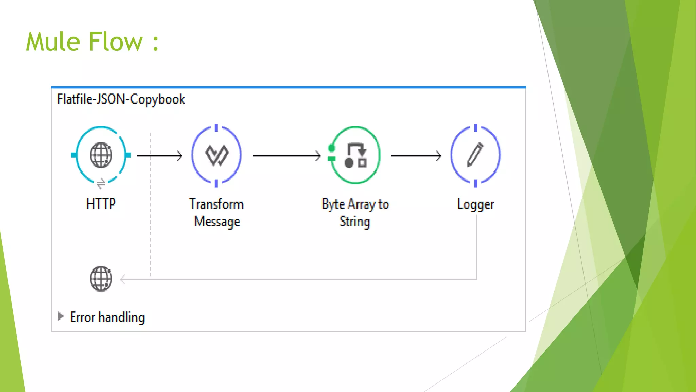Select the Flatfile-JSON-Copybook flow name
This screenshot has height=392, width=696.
tap(121, 99)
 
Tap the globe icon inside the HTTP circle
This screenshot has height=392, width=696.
tap(101, 155)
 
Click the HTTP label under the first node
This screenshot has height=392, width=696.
tap(101, 204)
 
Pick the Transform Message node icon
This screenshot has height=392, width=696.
tap(216, 155)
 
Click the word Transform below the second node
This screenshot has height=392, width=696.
tap(216, 204)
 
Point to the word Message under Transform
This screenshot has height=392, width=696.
tap(217, 222)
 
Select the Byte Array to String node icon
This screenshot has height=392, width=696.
tap(355, 155)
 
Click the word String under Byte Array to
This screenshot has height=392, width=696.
tap(355, 222)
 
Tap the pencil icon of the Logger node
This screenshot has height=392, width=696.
tap(475, 155)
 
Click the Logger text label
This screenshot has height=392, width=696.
tap(476, 204)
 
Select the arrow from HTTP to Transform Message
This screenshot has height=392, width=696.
tap(159, 156)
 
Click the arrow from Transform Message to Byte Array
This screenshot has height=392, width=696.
tap(286, 156)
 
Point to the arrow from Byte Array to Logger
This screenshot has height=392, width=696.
tap(416, 156)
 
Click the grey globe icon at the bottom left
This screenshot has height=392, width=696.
tap(101, 279)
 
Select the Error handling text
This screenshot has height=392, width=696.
tap(107, 317)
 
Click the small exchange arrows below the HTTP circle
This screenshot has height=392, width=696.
tap(101, 184)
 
